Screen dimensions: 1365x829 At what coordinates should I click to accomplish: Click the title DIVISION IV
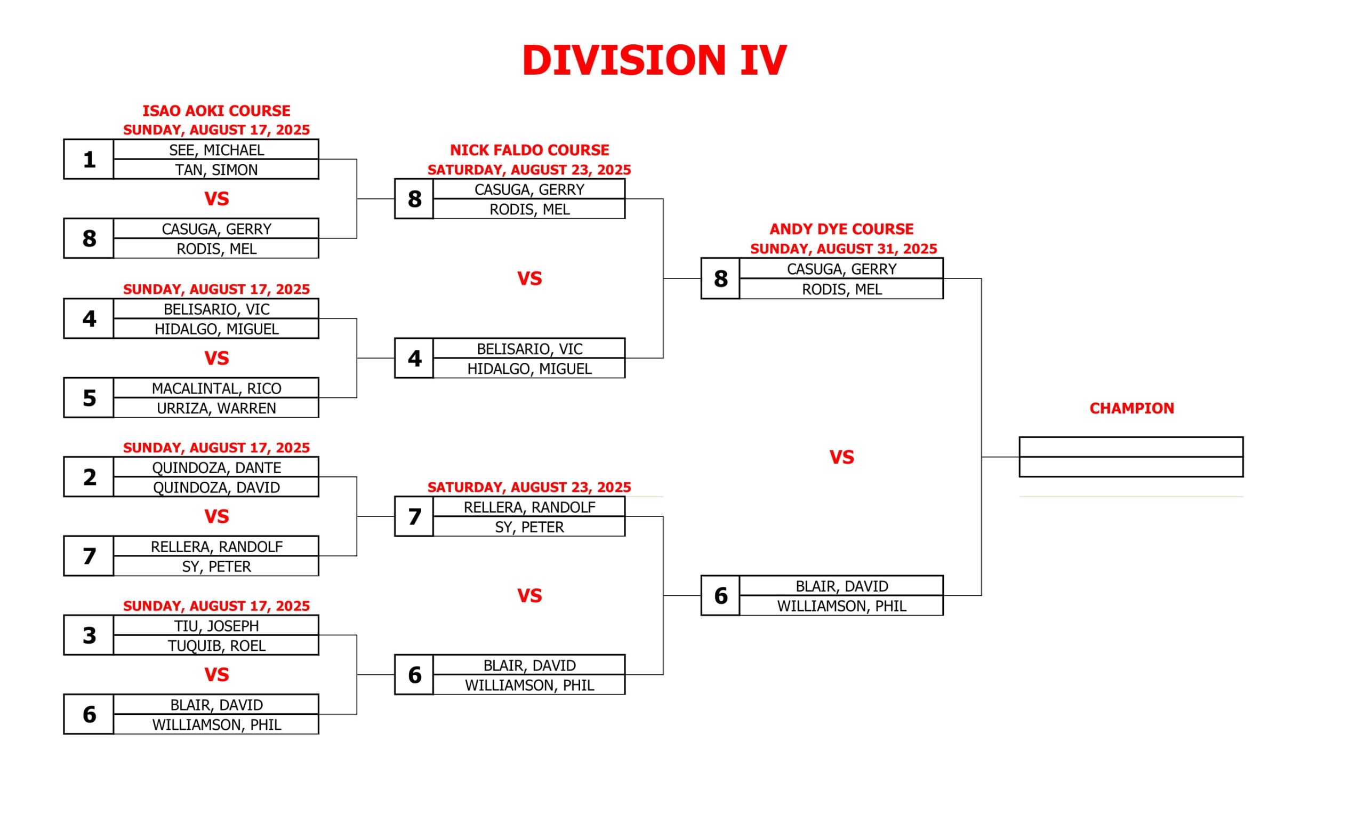[x=654, y=60]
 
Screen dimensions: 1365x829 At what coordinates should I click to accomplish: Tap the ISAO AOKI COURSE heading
[x=216, y=111]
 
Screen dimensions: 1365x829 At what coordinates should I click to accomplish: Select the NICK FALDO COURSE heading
[x=529, y=150]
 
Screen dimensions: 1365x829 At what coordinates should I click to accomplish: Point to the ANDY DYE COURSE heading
[x=841, y=229]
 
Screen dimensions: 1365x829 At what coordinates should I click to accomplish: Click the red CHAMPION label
[x=1131, y=409]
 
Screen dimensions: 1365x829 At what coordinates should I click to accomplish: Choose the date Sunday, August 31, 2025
[x=843, y=249]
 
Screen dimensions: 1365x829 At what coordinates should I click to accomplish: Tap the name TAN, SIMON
[x=216, y=170]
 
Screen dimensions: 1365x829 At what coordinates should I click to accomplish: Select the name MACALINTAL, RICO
[x=216, y=388]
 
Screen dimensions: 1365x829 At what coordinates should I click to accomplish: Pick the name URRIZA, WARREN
[x=216, y=408]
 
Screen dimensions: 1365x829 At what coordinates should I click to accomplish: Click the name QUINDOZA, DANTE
[x=216, y=467]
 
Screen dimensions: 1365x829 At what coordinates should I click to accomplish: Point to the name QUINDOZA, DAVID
[x=216, y=487]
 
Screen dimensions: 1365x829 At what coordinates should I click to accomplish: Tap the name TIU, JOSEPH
[x=216, y=626]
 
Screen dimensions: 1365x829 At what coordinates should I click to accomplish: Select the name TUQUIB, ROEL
[x=216, y=645]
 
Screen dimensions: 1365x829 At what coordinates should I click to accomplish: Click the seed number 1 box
[x=89, y=159]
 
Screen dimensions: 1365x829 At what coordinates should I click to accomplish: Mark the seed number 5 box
[x=89, y=397]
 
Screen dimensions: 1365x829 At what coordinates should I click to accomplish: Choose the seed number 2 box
[x=89, y=476]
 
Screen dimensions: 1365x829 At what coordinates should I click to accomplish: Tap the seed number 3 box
[x=89, y=635]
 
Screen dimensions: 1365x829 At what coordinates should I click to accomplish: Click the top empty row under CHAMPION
[x=1131, y=447]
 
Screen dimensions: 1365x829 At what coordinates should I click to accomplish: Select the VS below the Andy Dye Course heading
[x=841, y=457]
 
